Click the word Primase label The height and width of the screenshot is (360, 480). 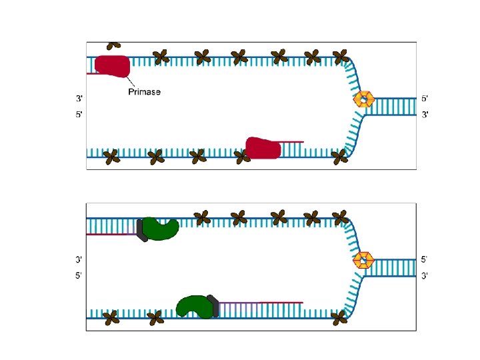pyautogui.click(x=144, y=92)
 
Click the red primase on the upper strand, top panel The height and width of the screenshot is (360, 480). pyautogui.click(x=112, y=65)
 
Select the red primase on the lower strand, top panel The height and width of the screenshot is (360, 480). pyautogui.click(x=263, y=148)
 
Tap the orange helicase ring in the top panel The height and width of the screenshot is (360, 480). pyautogui.click(x=363, y=99)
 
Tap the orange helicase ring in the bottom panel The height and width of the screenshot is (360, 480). pyautogui.click(x=363, y=259)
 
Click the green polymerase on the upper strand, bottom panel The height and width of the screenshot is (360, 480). pyautogui.click(x=161, y=228)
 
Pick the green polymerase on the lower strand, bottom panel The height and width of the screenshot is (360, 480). pyautogui.click(x=193, y=306)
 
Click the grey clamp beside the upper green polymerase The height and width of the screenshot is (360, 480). pyautogui.click(x=141, y=229)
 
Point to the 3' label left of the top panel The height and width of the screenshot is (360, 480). pyautogui.click(x=79, y=99)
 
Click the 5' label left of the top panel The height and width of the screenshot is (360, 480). pyautogui.click(x=79, y=115)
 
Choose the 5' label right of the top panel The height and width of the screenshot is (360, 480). pyautogui.click(x=425, y=99)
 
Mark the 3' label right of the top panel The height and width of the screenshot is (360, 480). pyautogui.click(x=425, y=115)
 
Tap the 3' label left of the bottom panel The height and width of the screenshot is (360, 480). pyautogui.click(x=79, y=259)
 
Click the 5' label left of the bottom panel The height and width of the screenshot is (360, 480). pyautogui.click(x=79, y=275)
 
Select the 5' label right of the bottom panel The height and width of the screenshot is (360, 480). pyautogui.click(x=425, y=259)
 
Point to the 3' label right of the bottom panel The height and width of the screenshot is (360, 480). pyautogui.click(x=425, y=275)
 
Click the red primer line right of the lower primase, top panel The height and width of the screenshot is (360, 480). pyautogui.click(x=292, y=142)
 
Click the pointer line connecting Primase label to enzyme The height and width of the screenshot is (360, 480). pyautogui.click(x=122, y=80)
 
